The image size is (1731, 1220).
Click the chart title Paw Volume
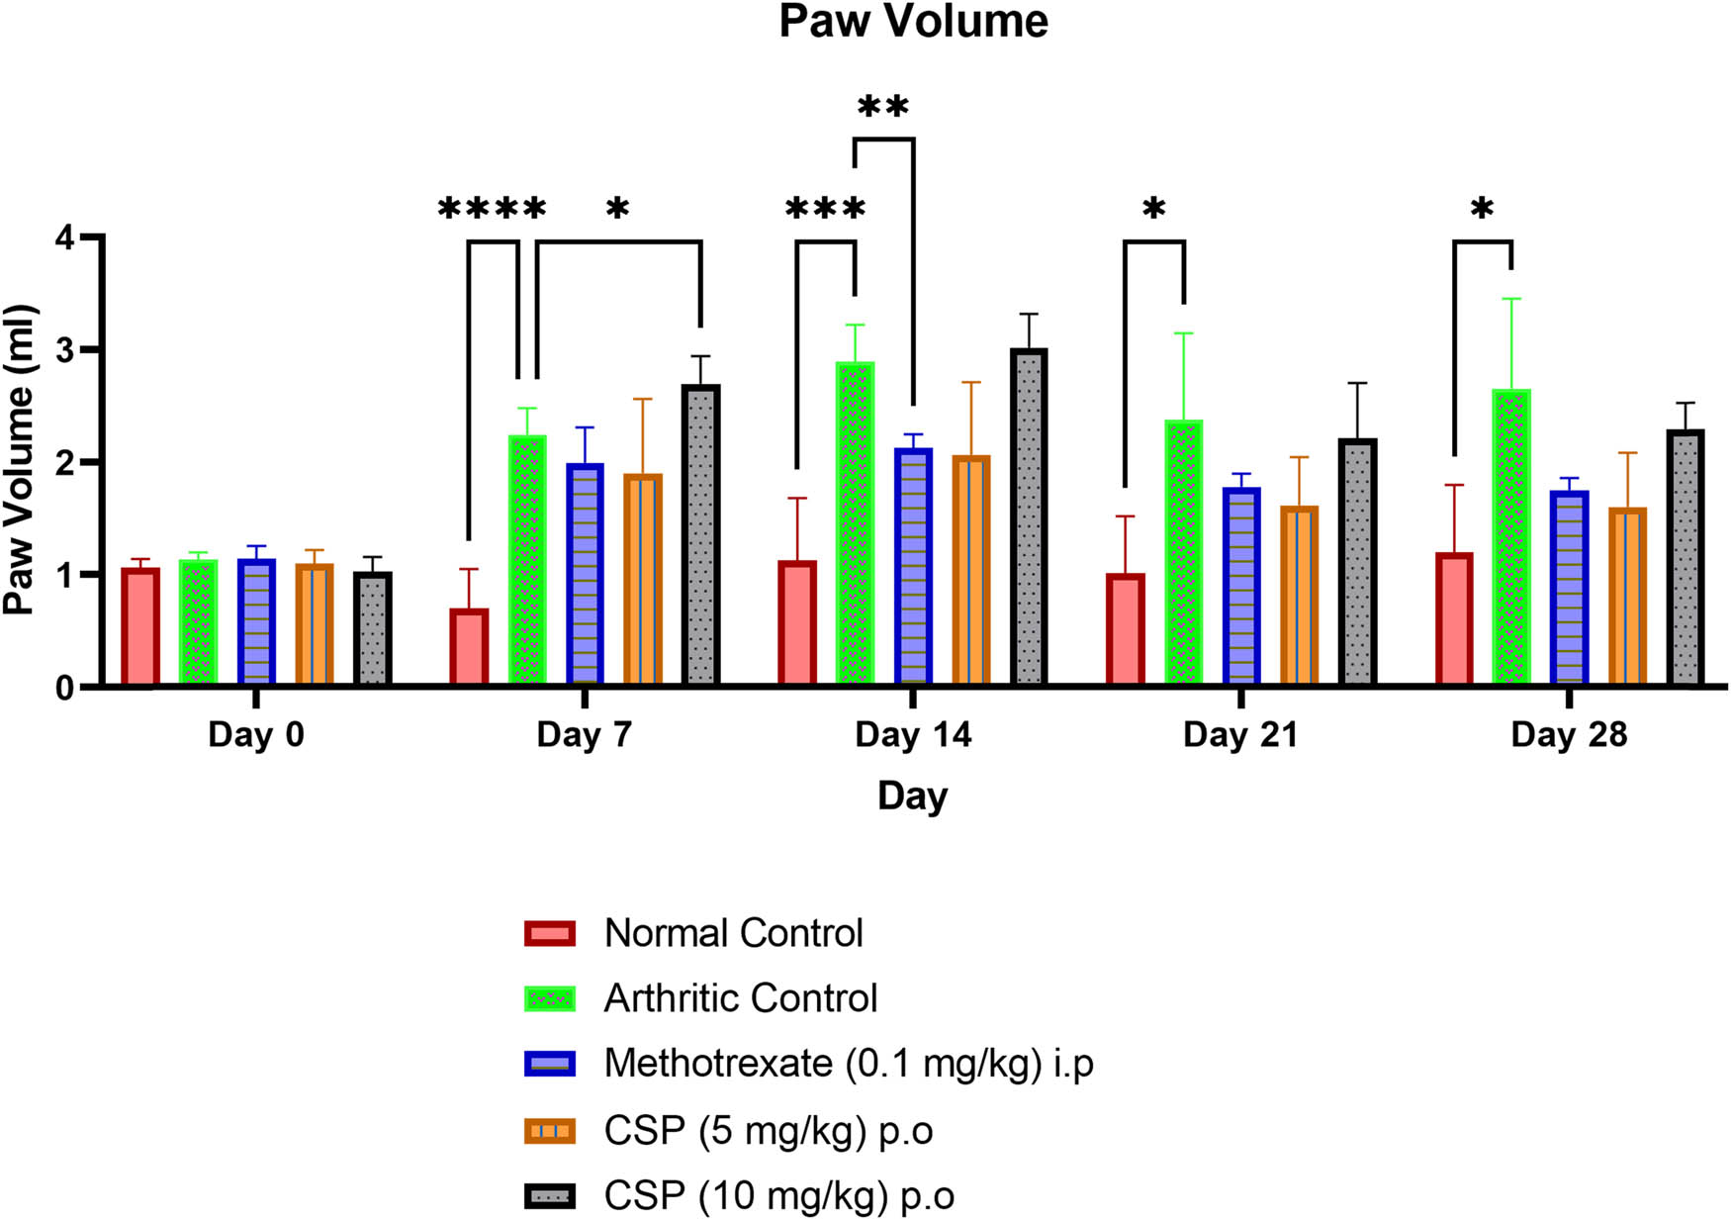pyautogui.click(x=912, y=22)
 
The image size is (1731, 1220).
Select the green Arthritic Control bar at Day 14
pyautogui.click(x=855, y=524)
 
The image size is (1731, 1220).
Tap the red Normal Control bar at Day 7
pyautogui.click(x=469, y=647)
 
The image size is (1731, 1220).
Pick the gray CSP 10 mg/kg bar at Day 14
pyautogui.click(x=1029, y=516)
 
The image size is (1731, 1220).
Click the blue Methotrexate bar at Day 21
pyautogui.click(x=1241, y=586)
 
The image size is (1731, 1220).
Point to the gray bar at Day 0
pyautogui.click(x=373, y=629)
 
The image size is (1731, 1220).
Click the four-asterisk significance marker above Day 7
pyautogui.click(x=492, y=210)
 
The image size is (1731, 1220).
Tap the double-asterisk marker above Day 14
pyautogui.click(x=882, y=107)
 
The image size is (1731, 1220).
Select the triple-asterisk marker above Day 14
pyautogui.click(x=825, y=210)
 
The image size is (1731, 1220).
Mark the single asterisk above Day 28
pyautogui.click(x=1481, y=210)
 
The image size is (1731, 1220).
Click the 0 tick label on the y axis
pyautogui.click(x=65, y=688)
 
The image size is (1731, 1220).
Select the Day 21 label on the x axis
pyautogui.click(x=1239, y=735)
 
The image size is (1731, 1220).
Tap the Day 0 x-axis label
pyautogui.click(x=255, y=735)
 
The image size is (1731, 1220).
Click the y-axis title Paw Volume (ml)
pyautogui.click(x=20, y=461)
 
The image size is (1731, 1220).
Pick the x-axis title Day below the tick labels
pyautogui.click(x=912, y=797)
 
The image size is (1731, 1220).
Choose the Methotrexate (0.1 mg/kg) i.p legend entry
pyautogui.click(x=848, y=1064)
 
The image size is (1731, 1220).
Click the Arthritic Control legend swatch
pyautogui.click(x=550, y=998)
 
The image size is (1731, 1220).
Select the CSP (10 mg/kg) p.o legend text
pyautogui.click(x=778, y=1196)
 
